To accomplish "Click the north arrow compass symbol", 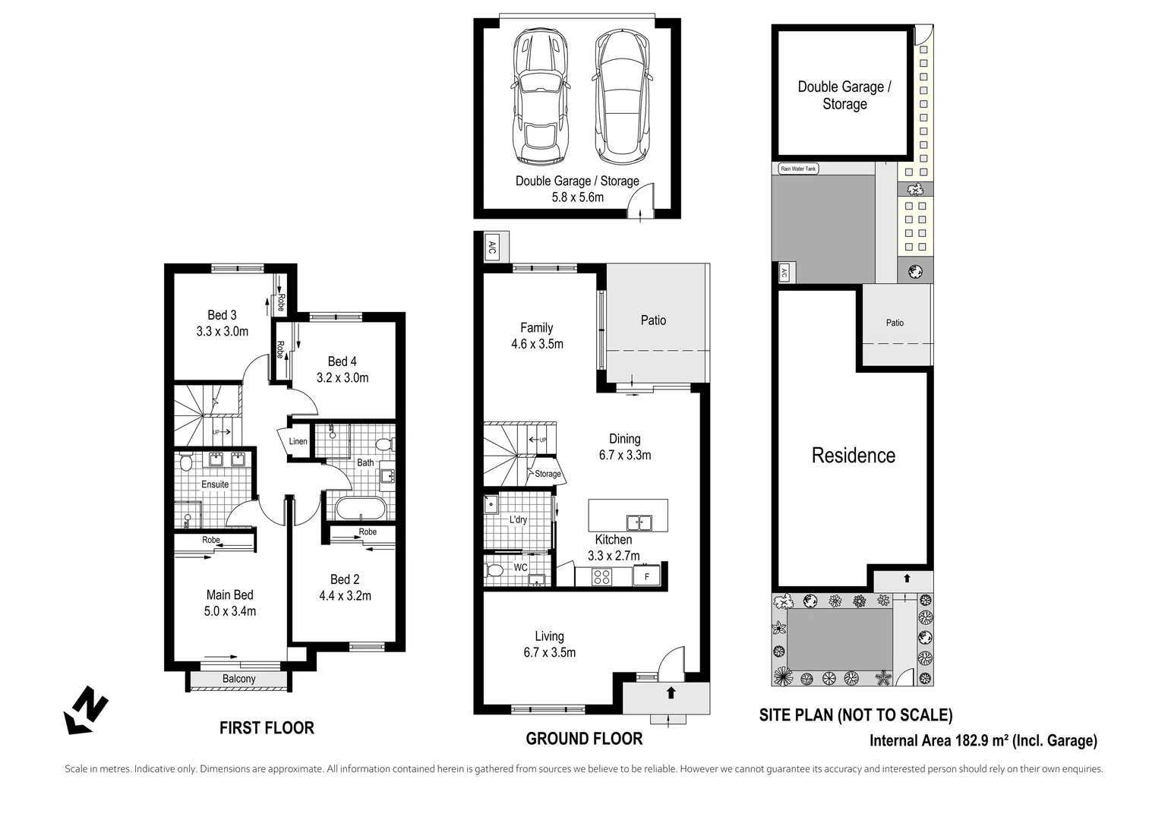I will [x=85, y=711].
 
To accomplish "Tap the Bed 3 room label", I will [x=222, y=315].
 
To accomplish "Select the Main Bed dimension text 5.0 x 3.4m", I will [x=229, y=611].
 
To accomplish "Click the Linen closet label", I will [x=298, y=442].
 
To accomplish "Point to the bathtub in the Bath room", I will [x=361, y=508].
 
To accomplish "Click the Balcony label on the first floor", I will [x=238, y=679].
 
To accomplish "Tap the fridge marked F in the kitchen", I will [x=647, y=576].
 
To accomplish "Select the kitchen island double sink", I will [x=638, y=522].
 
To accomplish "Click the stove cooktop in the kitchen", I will [x=601, y=576].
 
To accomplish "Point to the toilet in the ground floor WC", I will [x=494, y=571].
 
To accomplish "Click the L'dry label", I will [x=518, y=520].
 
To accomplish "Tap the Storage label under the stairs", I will [x=548, y=474].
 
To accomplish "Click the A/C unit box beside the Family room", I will [x=491, y=247].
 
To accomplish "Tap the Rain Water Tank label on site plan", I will [x=798, y=169].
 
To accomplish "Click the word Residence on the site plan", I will [x=853, y=456].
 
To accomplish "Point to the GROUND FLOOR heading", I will [x=584, y=739].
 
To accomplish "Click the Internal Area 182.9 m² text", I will [x=983, y=741].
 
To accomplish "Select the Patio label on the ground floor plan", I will [x=653, y=320].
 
